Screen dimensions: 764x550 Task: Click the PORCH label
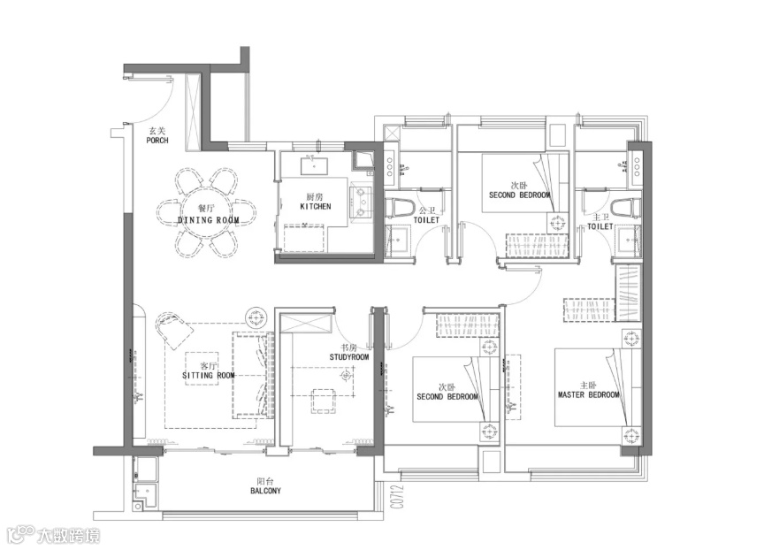coord(157,141)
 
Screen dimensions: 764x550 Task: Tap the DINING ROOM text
coord(209,220)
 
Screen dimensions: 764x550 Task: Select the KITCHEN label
coord(316,207)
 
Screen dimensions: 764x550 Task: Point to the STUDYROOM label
coord(349,357)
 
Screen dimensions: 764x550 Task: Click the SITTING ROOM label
coord(209,376)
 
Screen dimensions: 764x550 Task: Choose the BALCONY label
coord(266,491)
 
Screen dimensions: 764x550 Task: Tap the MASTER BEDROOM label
coord(589,394)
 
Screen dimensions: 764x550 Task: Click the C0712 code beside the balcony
coord(399,496)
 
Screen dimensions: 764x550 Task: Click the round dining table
coord(208,213)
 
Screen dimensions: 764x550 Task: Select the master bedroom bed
coord(598,387)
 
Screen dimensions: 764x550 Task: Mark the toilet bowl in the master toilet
coord(626,209)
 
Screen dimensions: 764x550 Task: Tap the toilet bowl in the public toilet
coord(399,209)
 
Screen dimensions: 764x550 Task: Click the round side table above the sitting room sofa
coord(256,318)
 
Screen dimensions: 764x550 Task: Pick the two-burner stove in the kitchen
coord(361,201)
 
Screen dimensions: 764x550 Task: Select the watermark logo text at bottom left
coord(54,535)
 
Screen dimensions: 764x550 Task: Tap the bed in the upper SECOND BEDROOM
coord(525,183)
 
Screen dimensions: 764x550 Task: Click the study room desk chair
coord(323,401)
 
